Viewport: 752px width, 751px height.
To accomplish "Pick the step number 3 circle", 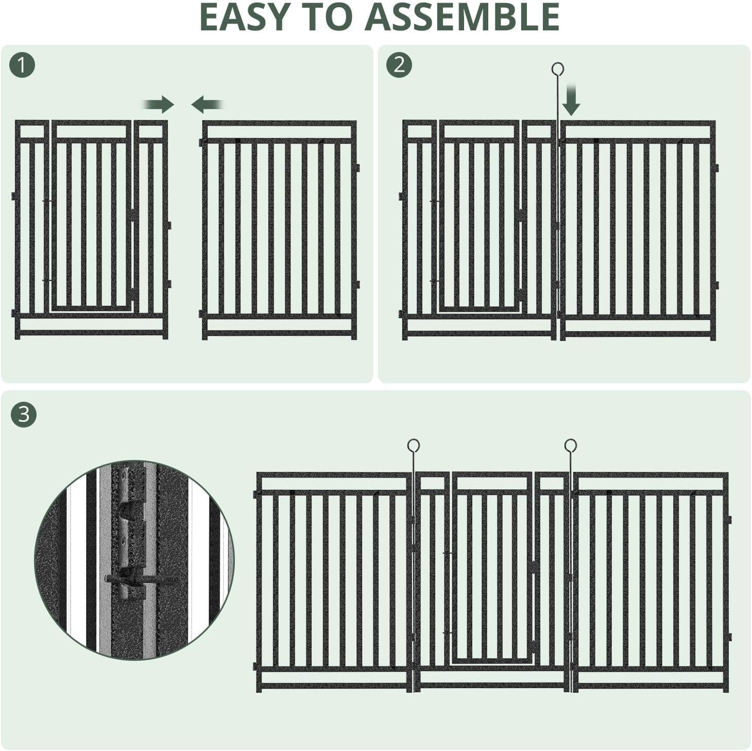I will click(24, 414).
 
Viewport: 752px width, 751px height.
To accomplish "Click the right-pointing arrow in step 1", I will click(160, 105).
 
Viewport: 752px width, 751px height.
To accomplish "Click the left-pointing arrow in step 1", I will click(206, 105).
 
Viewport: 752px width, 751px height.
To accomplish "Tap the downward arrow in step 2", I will click(571, 103).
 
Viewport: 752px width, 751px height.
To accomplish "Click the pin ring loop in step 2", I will click(557, 69).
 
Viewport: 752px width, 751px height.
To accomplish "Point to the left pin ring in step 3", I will click(413, 445).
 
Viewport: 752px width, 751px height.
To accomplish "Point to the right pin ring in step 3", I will click(570, 445).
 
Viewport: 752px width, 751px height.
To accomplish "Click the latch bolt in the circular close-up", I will click(139, 579).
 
